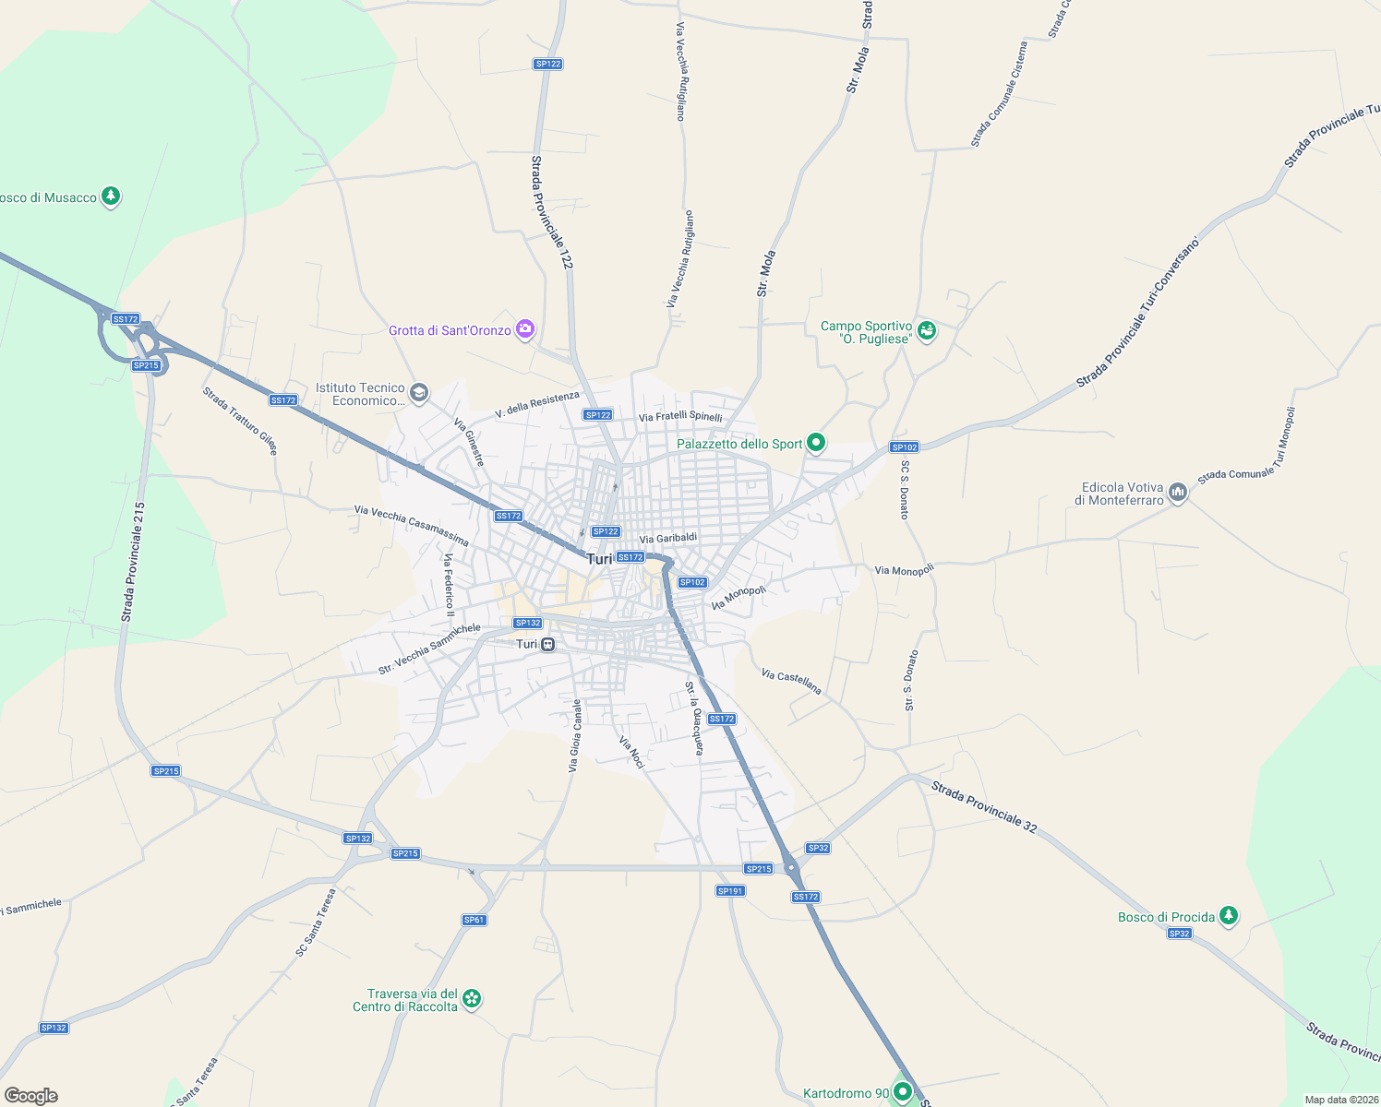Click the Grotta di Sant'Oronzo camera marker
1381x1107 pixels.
tap(525, 329)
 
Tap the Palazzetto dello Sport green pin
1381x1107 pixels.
tap(815, 443)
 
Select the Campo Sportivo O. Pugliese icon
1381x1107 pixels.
tap(927, 330)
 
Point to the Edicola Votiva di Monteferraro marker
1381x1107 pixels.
tap(1177, 493)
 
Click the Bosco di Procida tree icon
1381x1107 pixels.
tap(1228, 916)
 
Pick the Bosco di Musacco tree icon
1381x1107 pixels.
tap(111, 196)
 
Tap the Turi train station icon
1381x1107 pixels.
tap(548, 644)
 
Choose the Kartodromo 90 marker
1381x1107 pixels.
tap(903, 1093)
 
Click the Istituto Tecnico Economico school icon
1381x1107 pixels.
tap(419, 393)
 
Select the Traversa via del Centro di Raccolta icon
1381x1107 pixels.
tap(472, 999)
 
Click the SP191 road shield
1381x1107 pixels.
tap(730, 891)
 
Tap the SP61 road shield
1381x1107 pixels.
tap(474, 920)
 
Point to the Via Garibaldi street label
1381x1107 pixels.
tap(667, 539)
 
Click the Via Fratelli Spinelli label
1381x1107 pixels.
tap(680, 417)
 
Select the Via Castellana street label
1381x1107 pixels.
tap(791, 682)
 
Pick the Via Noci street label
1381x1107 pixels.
tap(631, 752)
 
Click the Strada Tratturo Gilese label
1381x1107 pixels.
tap(240, 421)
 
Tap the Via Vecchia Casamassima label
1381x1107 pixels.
tap(411, 525)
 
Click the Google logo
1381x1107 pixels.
tap(30, 1096)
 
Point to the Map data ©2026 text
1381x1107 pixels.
tap(1340, 1100)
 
